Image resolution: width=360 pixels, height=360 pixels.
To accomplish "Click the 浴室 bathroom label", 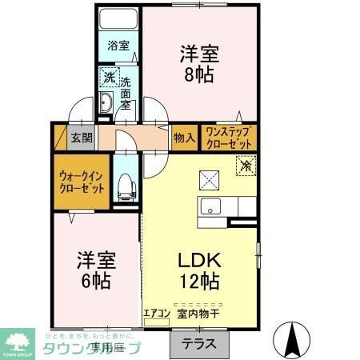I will (x=118, y=46).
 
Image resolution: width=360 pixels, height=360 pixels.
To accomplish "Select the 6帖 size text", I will (x=96, y=281).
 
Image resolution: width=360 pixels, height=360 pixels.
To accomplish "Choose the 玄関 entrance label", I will (x=81, y=137).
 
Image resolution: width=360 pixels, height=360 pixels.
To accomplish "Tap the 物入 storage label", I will (x=185, y=137).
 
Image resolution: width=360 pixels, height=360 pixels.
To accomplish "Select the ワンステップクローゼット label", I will (x=229, y=137).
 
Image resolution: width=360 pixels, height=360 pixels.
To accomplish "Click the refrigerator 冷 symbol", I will (x=245, y=166).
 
